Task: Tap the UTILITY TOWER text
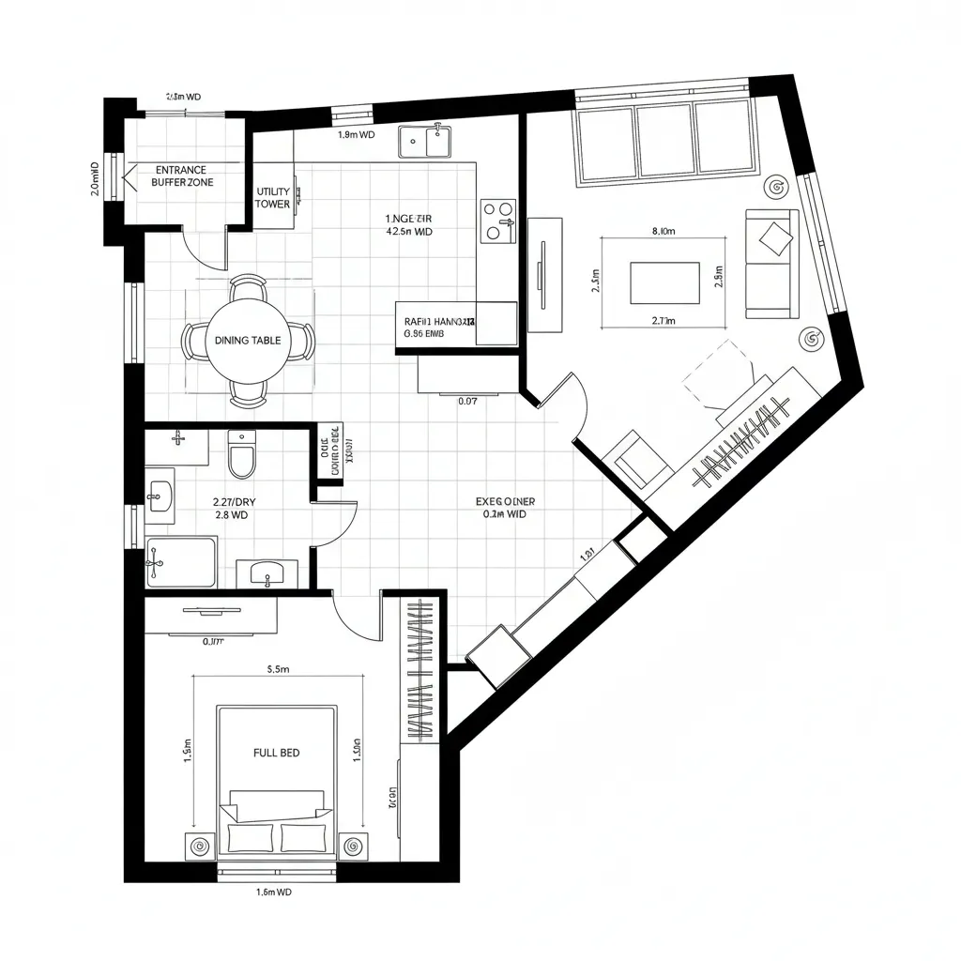click(273, 197)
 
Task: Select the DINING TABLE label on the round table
click(247, 341)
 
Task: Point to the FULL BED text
click(277, 753)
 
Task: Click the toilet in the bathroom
click(241, 455)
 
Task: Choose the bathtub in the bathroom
click(181, 562)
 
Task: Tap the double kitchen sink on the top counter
click(424, 142)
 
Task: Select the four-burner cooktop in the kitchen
click(498, 221)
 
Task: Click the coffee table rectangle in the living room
click(664, 282)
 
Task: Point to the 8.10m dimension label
click(664, 231)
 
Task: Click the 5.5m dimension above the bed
click(278, 670)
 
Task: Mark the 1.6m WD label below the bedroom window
click(274, 892)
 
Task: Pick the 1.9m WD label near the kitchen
click(356, 134)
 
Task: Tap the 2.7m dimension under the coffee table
click(664, 320)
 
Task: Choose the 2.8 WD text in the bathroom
click(231, 515)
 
